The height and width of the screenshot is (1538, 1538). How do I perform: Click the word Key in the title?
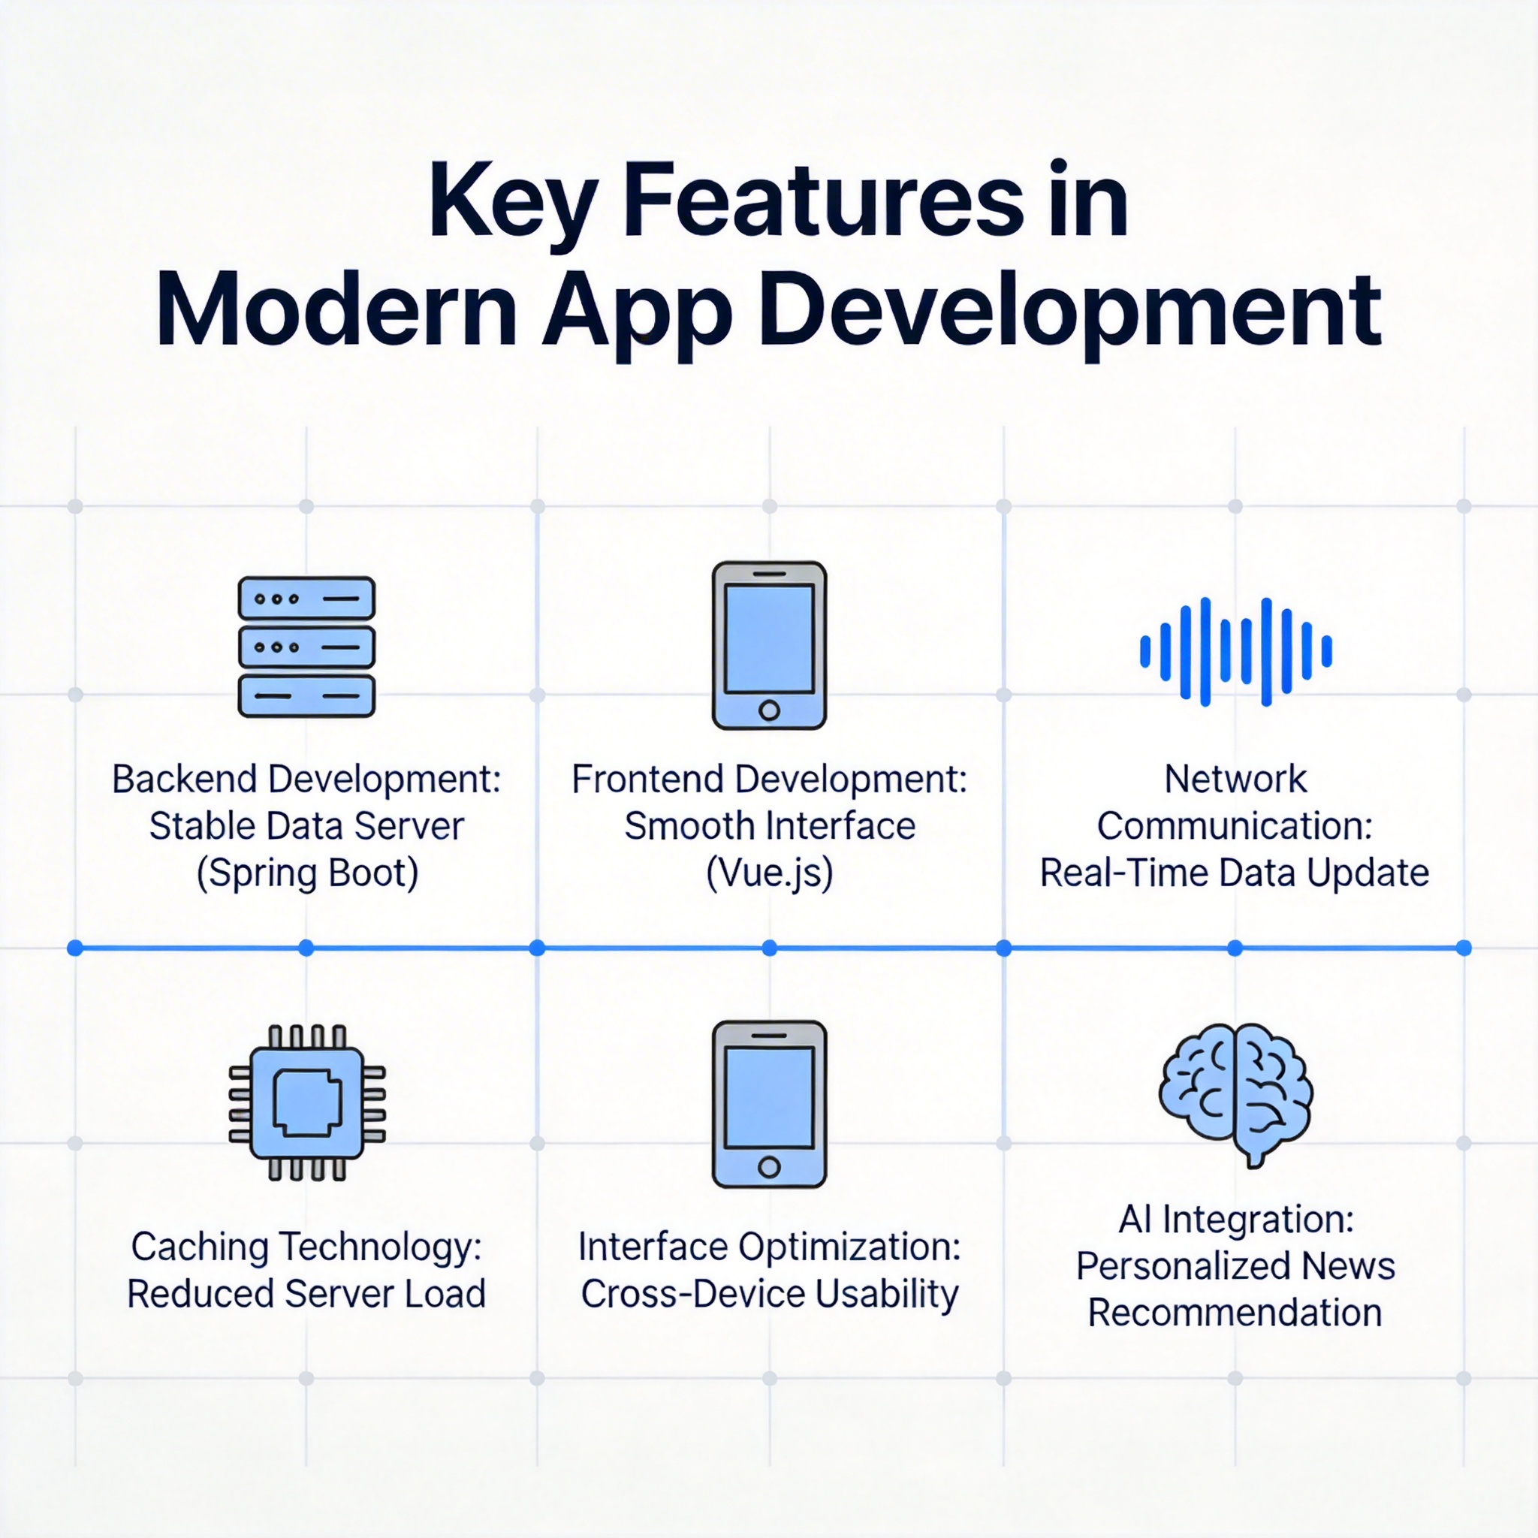pyautogui.click(x=513, y=202)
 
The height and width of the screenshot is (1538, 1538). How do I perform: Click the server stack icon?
pyautogui.click(x=306, y=647)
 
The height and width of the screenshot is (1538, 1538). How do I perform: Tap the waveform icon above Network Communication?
pyautogui.click(x=1235, y=651)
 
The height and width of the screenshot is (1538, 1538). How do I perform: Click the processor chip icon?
pyautogui.click(x=307, y=1102)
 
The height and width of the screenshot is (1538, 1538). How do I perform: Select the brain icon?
pyautogui.click(x=1235, y=1095)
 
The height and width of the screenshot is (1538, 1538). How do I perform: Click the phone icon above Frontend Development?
pyautogui.click(x=769, y=646)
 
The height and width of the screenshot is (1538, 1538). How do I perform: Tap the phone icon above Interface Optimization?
pyautogui.click(x=769, y=1104)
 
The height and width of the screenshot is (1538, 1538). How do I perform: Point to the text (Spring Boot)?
pyautogui.click(x=307, y=873)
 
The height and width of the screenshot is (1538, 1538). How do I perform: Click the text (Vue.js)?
pyautogui.click(x=770, y=873)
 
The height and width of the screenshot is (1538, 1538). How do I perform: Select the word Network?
pyautogui.click(x=1235, y=779)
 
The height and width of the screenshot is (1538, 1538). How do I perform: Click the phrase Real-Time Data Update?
pyautogui.click(x=1235, y=873)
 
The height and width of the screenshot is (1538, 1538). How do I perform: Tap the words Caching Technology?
pyautogui.click(x=307, y=1247)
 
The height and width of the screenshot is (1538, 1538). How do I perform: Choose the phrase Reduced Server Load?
pyautogui.click(x=306, y=1294)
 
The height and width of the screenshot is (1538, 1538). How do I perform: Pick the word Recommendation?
pyautogui.click(x=1235, y=1312)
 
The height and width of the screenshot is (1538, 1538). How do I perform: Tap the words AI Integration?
pyautogui.click(x=1235, y=1220)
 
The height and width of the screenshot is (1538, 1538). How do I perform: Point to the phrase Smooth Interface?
pyautogui.click(x=770, y=826)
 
